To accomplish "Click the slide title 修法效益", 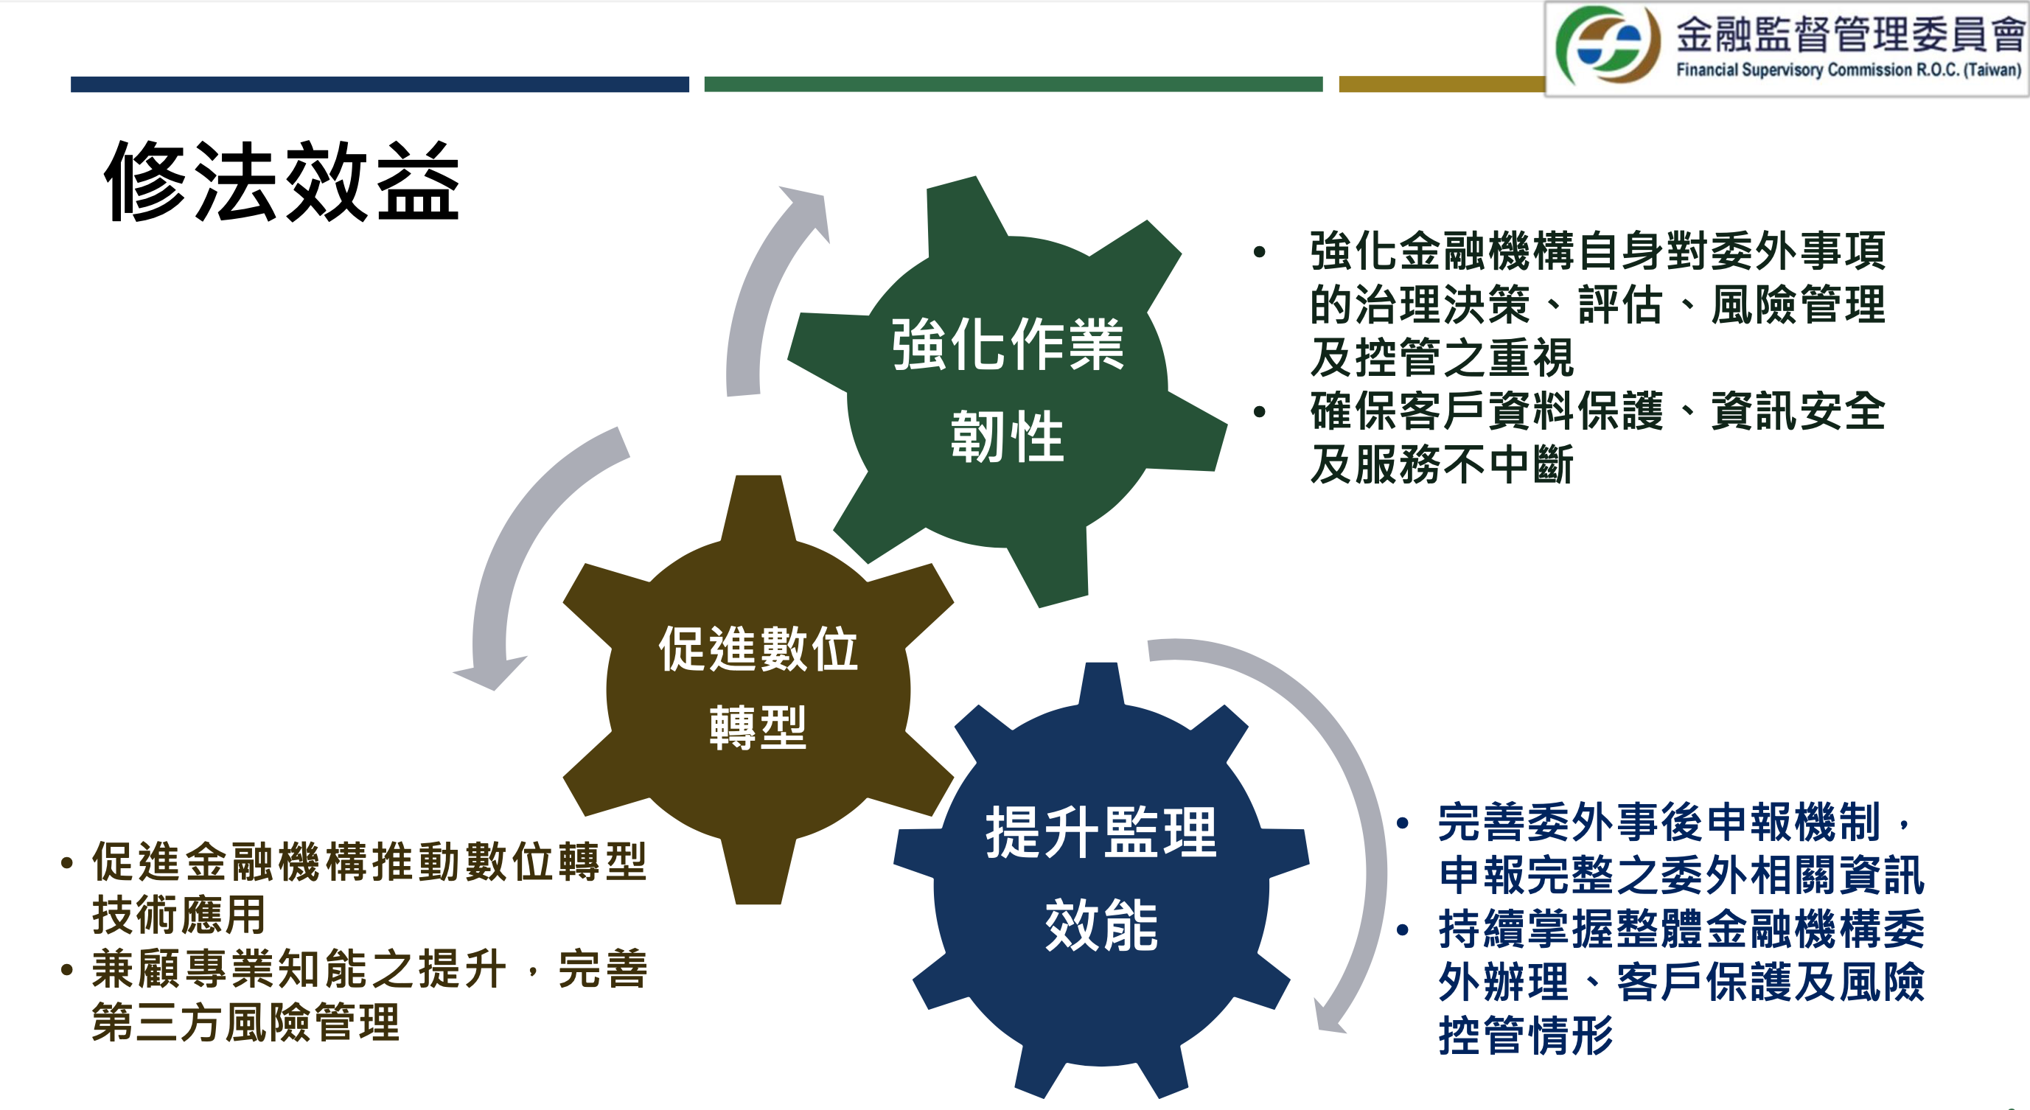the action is pos(282,181).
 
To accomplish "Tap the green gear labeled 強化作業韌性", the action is pos(1007,391).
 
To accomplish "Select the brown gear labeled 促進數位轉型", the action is pos(758,689).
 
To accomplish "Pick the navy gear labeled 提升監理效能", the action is pos(1101,880).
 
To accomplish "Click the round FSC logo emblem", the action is pos(1608,46).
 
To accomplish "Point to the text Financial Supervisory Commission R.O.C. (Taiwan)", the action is pos(1848,70).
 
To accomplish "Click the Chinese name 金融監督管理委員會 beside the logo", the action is pos(1849,33).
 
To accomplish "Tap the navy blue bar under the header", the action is pos(380,84).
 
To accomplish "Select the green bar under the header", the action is pos(1014,84).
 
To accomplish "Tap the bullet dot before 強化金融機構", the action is pos(1259,252).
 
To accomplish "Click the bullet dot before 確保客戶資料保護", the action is pos(1259,412).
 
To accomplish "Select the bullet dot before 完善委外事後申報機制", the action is pos(1403,823).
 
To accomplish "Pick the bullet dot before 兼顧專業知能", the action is pos(67,970).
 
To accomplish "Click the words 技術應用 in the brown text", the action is pos(179,915).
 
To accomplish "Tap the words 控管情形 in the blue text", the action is pos(1527,1035).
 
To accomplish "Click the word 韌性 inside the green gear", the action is pos(1007,437).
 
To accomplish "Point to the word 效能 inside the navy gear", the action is pos(1101,926).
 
